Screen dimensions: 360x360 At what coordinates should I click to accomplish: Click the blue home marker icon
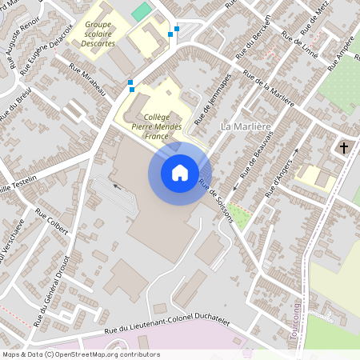(180, 172)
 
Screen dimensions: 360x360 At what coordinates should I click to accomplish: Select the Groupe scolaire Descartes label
(100, 34)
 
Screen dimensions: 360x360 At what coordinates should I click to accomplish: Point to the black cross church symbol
(345, 147)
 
